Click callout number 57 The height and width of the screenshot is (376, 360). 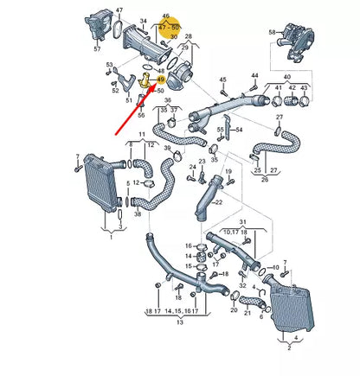[x=96, y=49]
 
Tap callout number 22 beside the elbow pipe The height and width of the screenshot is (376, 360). [x=219, y=202]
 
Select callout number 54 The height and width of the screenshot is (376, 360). [x=239, y=130]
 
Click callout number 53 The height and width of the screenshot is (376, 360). [x=108, y=65]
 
